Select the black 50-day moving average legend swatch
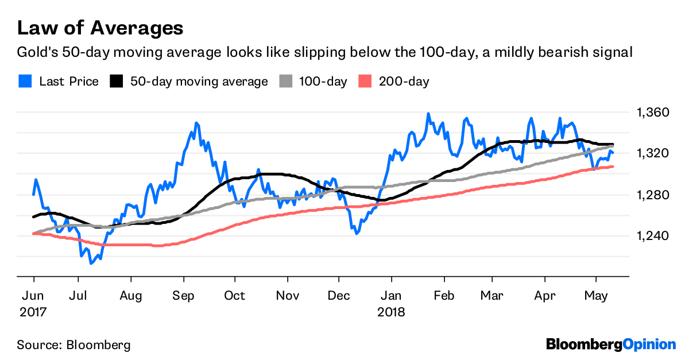click(x=117, y=82)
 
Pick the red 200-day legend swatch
click(x=365, y=82)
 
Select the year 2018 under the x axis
click(x=392, y=313)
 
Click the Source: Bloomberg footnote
click(x=73, y=345)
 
